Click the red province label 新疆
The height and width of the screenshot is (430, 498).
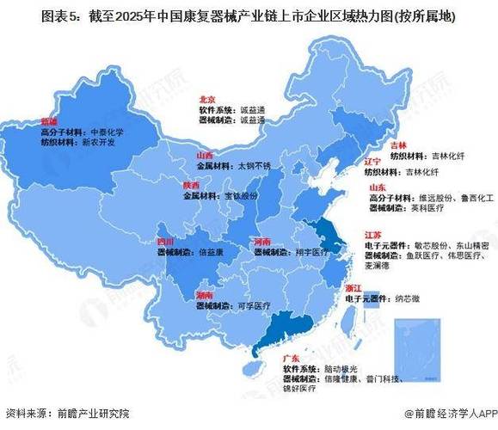point(49,122)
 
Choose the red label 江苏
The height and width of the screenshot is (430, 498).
point(372,234)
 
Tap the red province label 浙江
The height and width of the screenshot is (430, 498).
point(354,287)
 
